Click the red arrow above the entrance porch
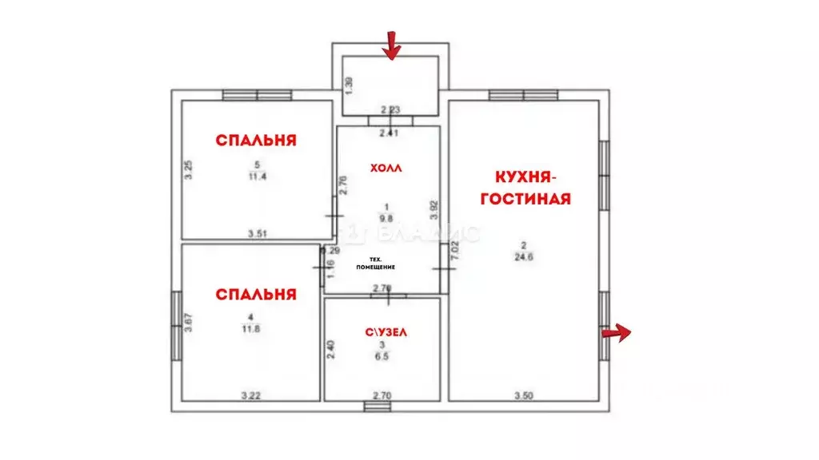[x=391, y=46]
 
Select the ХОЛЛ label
[x=386, y=169]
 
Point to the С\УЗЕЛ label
[x=382, y=331]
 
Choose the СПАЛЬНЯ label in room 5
[x=256, y=141]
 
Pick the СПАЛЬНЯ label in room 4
[x=256, y=294]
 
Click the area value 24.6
[x=524, y=257]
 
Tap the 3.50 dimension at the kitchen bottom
[x=523, y=395]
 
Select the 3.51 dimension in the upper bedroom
[x=256, y=234]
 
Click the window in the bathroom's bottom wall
[x=374, y=406]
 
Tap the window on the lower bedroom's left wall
[x=176, y=325]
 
